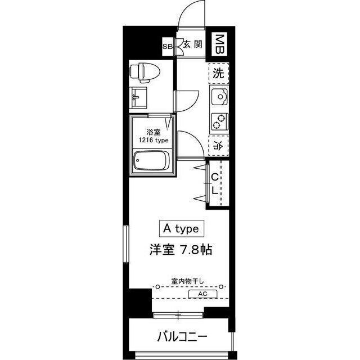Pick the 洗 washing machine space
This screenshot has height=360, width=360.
[x=219, y=73]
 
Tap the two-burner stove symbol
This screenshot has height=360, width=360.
[x=218, y=120]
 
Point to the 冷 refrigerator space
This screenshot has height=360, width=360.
[x=218, y=144]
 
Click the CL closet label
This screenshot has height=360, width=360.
[x=215, y=183]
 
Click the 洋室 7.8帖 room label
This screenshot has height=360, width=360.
[x=180, y=251]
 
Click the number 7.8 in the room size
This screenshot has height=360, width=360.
[x=188, y=251]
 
